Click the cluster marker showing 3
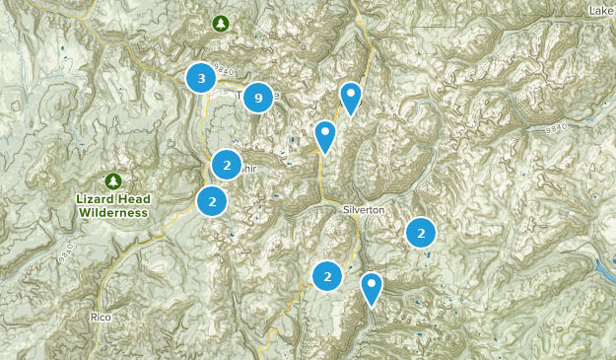click(x=201, y=77)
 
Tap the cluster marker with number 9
click(x=257, y=97)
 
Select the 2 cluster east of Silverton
click(x=421, y=233)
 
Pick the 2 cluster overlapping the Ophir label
click(x=227, y=165)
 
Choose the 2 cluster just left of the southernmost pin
click(x=327, y=277)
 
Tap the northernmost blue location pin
click(x=351, y=97)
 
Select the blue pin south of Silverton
click(x=371, y=287)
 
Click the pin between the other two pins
click(x=325, y=135)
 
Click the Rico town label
click(x=100, y=317)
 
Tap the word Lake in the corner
click(x=601, y=11)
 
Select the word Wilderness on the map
click(x=113, y=212)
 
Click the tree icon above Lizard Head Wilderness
click(x=114, y=180)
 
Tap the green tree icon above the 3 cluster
click(x=221, y=23)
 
